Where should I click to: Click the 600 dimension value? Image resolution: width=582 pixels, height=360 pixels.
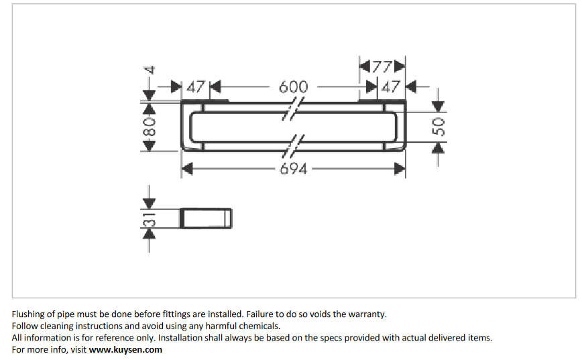point(293,87)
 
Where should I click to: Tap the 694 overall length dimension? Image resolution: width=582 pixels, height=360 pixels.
point(294,169)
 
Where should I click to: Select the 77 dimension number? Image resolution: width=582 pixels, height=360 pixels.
point(382,67)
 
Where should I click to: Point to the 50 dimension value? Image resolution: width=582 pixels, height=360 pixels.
point(439,127)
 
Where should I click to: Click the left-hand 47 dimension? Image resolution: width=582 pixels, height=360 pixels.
point(195,87)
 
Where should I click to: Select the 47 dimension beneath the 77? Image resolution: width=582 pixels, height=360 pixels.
point(390,87)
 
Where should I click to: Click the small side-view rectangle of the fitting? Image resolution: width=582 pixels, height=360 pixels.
point(207,219)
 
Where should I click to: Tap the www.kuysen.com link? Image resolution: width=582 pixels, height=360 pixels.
point(125,349)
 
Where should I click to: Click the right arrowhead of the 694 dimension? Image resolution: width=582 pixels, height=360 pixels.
point(400,169)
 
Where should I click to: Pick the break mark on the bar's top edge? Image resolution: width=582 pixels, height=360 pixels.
point(293,107)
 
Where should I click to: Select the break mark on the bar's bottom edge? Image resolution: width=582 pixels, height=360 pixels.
point(295,145)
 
